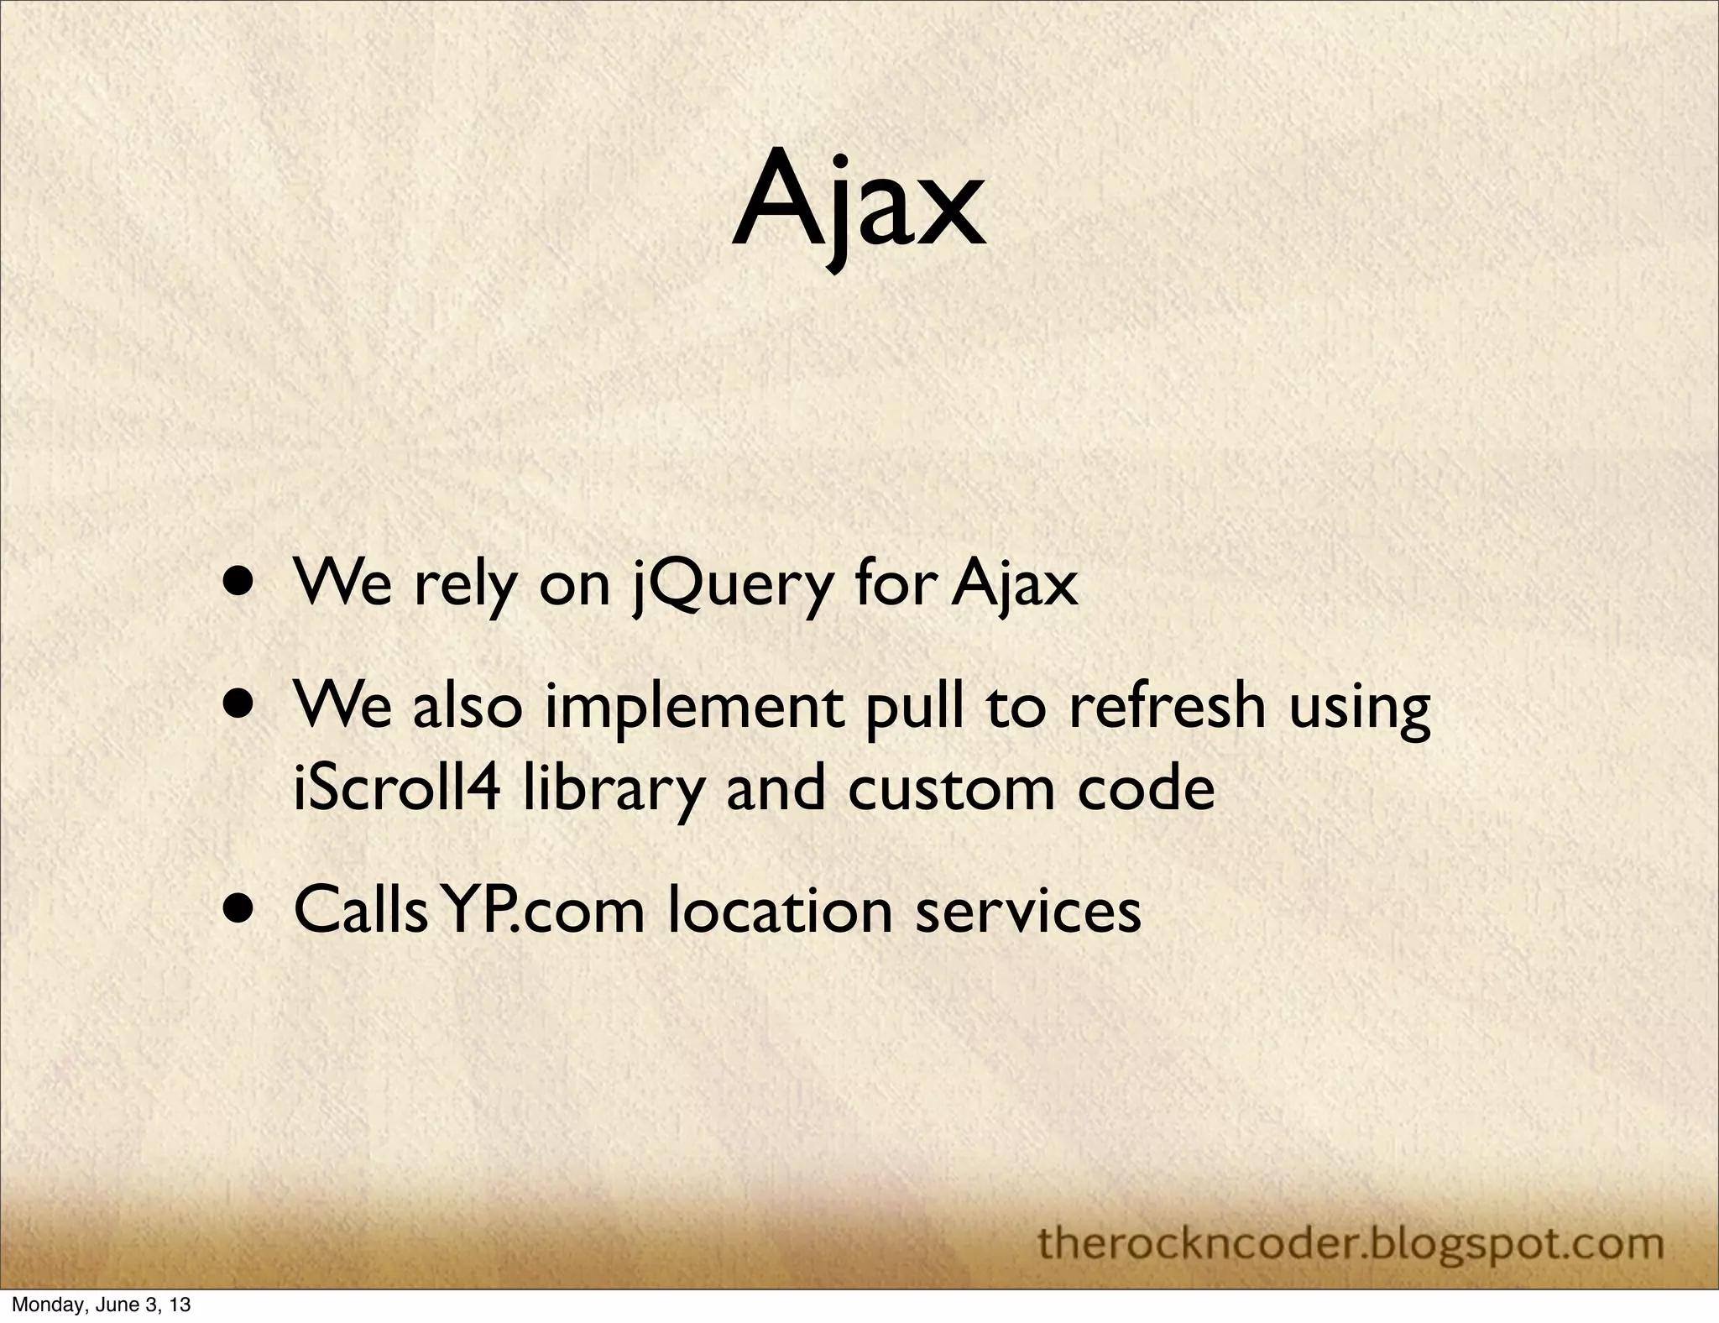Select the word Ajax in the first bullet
pyautogui.click(x=1015, y=585)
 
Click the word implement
pyautogui.click(x=694, y=709)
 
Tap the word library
pyautogui.click(x=612, y=791)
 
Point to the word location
pyautogui.click(x=780, y=911)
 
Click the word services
pyautogui.click(x=1028, y=911)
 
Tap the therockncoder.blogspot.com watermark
pyautogui.click(x=1351, y=1243)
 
